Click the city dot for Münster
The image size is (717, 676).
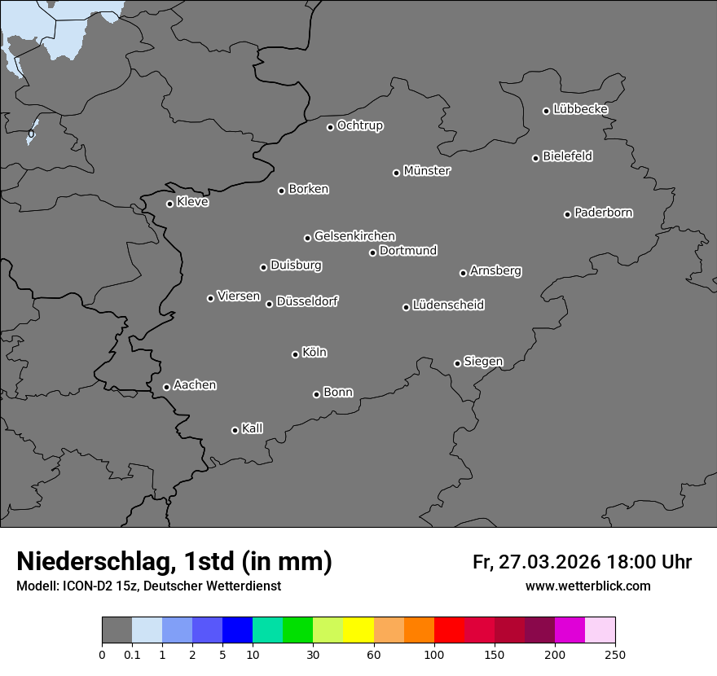tap(397, 173)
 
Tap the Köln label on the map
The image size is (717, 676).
tap(315, 353)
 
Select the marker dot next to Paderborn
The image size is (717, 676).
tap(568, 214)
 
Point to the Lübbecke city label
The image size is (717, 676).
tap(580, 109)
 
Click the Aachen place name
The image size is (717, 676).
tap(195, 385)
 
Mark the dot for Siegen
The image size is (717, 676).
tap(457, 363)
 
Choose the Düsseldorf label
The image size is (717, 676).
tap(307, 301)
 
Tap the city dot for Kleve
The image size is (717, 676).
tap(170, 204)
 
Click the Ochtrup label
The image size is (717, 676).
tap(360, 125)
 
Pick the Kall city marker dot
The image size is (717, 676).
tap(235, 430)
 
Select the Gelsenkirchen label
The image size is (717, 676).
tap(354, 236)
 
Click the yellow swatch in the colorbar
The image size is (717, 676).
tap(358, 630)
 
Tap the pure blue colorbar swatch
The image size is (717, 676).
tap(237, 630)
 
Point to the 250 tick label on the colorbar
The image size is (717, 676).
tap(615, 654)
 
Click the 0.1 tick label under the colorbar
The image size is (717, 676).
tap(132, 654)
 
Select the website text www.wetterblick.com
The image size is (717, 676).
tap(588, 586)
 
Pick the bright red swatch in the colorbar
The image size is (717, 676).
tap(449, 630)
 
